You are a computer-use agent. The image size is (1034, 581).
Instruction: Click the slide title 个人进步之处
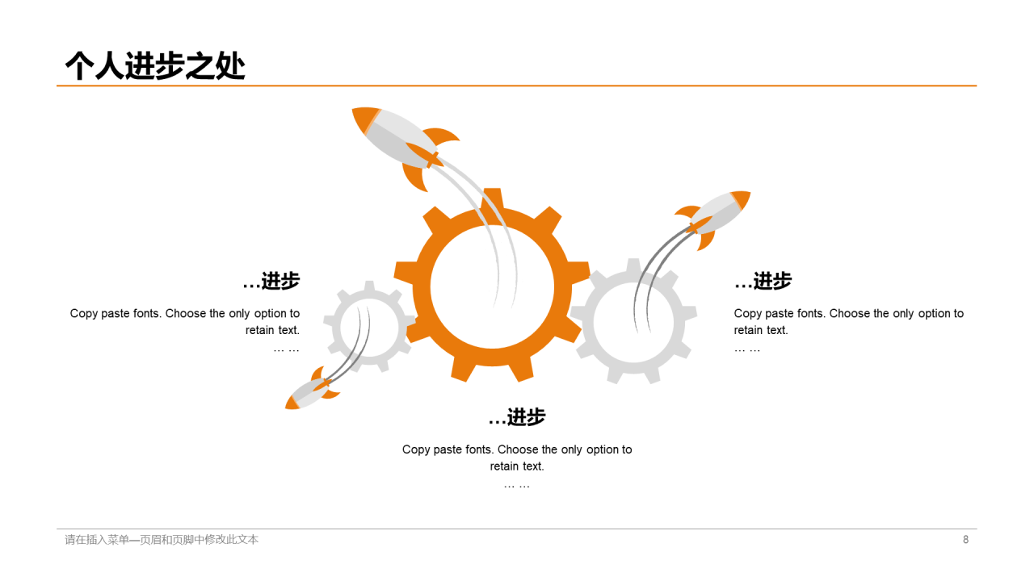[x=154, y=65]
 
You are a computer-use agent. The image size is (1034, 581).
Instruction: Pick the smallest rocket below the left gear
[x=310, y=391]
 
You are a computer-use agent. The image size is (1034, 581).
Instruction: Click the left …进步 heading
[x=271, y=281]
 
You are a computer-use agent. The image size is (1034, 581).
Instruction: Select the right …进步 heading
[x=763, y=281]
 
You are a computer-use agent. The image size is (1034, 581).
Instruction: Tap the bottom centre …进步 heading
[x=517, y=417]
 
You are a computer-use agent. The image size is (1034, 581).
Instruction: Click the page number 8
[x=965, y=540]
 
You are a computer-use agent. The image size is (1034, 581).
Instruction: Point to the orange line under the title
[x=517, y=85]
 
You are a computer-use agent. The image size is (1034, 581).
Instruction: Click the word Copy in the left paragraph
[x=84, y=314]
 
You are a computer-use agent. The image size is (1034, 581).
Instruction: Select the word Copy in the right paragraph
[x=748, y=314]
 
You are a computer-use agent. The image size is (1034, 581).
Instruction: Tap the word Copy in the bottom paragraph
[x=416, y=449]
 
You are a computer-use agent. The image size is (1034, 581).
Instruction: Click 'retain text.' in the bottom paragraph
[x=517, y=466]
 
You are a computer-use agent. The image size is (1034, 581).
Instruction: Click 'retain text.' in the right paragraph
[x=761, y=330]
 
